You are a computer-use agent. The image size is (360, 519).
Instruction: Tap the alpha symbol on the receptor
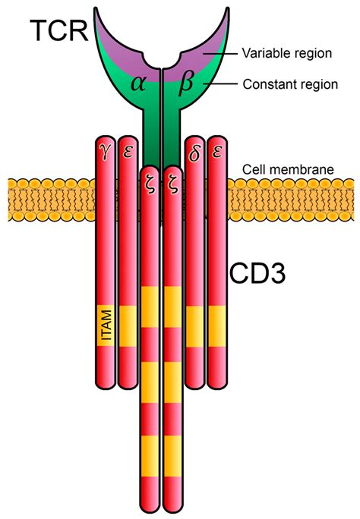(137, 84)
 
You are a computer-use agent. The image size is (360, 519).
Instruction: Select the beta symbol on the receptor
(187, 84)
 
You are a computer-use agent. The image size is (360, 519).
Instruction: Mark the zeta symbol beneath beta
(172, 184)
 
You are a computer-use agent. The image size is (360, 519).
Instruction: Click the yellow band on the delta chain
(195, 322)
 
